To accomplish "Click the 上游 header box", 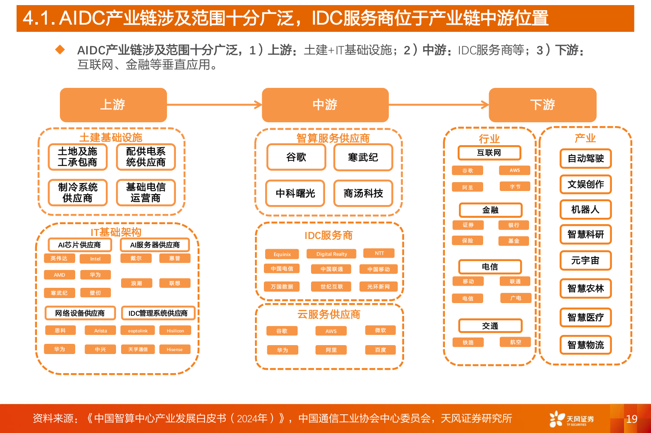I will click(113, 105).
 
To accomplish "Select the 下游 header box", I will click(542, 105).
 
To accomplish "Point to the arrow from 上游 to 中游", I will click(214, 104).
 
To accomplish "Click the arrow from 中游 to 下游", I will click(439, 104).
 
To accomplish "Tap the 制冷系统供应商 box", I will click(77, 193).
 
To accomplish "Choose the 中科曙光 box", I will click(295, 194).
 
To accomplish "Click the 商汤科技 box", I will click(363, 194).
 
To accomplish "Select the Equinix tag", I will click(282, 254).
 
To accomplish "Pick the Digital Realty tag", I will click(331, 254).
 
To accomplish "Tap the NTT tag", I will click(379, 253).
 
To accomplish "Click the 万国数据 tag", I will click(282, 287).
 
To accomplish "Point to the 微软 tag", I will click(380, 330).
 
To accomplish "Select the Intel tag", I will click(95, 259).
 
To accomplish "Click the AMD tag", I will click(59, 275).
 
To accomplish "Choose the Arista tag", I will click(100, 331).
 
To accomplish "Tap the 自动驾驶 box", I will click(586, 159).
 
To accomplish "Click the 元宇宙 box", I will click(586, 261).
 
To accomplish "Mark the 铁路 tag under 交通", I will click(468, 343).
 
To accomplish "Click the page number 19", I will click(631, 419).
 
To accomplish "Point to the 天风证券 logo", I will click(572, 419).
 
